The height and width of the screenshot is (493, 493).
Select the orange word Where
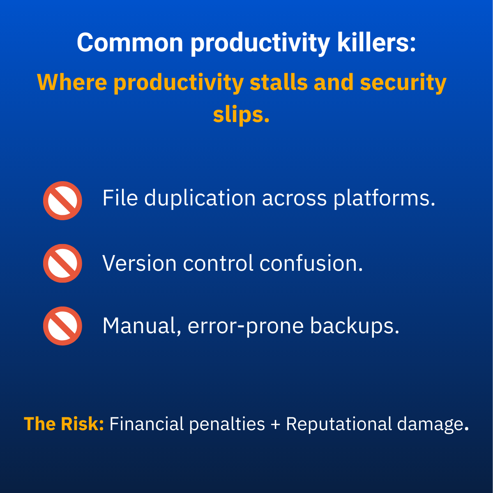pos(72,83)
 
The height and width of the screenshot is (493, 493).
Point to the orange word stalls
pos(279,83)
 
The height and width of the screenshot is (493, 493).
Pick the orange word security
pos(403,83)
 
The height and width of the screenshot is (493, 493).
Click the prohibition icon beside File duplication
pos(62,200)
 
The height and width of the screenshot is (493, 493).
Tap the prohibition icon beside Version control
pos(62,263)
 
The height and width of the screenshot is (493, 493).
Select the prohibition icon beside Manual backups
pos(62,326)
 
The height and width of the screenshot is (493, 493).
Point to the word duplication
pos(200,199)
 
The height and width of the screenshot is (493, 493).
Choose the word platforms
pos(384,199)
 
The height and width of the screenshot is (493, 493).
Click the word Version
pos(139,263)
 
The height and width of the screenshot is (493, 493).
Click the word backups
pos(355,326)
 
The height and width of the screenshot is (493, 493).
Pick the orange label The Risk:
pos(64,424)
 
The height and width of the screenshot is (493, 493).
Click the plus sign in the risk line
pos(275,424)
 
